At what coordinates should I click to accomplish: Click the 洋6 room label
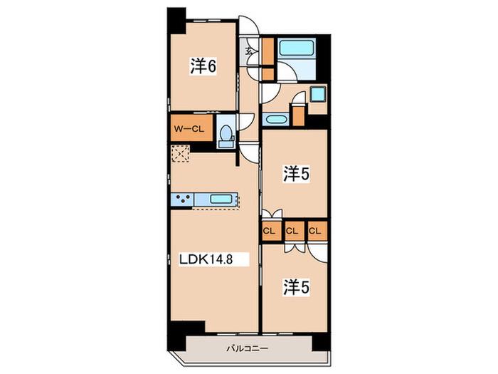(x=203, y=66)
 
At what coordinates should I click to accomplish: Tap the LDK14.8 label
(x=206, y=259)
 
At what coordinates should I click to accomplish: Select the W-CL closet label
(x=189, y=129)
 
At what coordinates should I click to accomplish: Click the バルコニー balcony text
(x=247, y=348)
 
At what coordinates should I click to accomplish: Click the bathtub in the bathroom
(x=296, y=48)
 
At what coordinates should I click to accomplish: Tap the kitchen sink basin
(x=221, y=199)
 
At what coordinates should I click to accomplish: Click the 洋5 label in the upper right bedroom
(x=296, y=175)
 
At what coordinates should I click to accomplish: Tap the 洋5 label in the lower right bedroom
(x=296, y=288)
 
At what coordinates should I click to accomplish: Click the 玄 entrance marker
(x=250, y=51)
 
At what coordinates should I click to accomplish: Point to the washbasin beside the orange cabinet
(x=276, y=120)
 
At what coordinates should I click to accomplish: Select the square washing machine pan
(x=317, y=95)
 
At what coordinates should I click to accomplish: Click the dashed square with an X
(x=181, y=154)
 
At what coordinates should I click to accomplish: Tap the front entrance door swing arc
(x=249, y=24)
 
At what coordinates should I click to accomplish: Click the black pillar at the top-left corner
(x=176, y=21)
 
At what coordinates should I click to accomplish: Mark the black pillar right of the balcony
(x=322, y=343)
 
